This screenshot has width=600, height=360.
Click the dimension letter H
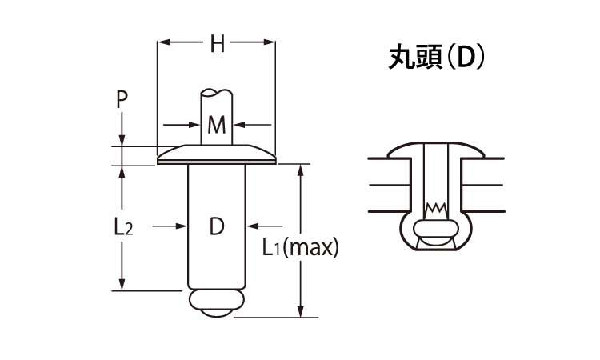point(217,45)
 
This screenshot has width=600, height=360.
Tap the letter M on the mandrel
point(217,125)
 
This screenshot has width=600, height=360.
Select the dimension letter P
point(122,99)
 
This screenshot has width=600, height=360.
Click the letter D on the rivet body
point(217,227)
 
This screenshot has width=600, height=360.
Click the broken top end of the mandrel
point(217,92)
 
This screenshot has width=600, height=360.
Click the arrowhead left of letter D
point(183,227)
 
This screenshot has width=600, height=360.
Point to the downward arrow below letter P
point(122,141)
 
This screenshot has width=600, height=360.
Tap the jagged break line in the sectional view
point(435,208)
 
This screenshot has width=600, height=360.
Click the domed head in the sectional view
point(435,149)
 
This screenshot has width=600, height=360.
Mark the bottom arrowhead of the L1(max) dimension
point(301,312)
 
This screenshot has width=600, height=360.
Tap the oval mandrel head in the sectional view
point(435,238)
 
